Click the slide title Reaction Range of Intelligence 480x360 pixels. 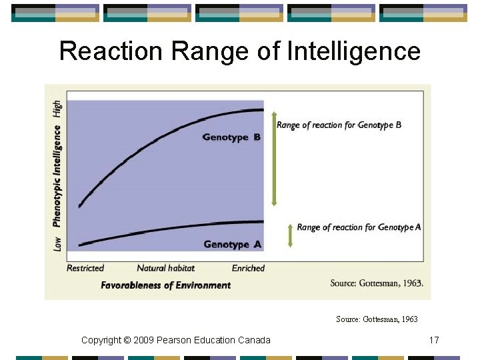coord(240,51)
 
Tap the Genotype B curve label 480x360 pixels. coord(231,137)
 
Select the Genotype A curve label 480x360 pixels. coord(231,245)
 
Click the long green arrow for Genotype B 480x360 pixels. coord(273,160)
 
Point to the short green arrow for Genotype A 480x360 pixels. coord(290,235)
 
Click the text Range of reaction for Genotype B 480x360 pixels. coord(339,125)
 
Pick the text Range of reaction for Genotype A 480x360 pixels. coord(359,227)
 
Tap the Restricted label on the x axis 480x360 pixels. coord(85,268)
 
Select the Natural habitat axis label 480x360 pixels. coord(166,268)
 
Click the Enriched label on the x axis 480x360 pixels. coord(248,268)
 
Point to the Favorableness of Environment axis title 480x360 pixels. coord(166,285)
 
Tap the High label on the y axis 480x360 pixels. coord(57,109)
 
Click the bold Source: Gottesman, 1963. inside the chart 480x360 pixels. coord(376,283)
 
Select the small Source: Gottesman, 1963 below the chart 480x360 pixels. coord(377,319)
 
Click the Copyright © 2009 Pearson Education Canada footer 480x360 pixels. coord(176,341)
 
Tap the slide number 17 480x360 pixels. coord(434,341)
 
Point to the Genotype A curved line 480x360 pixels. coord(167,229)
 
